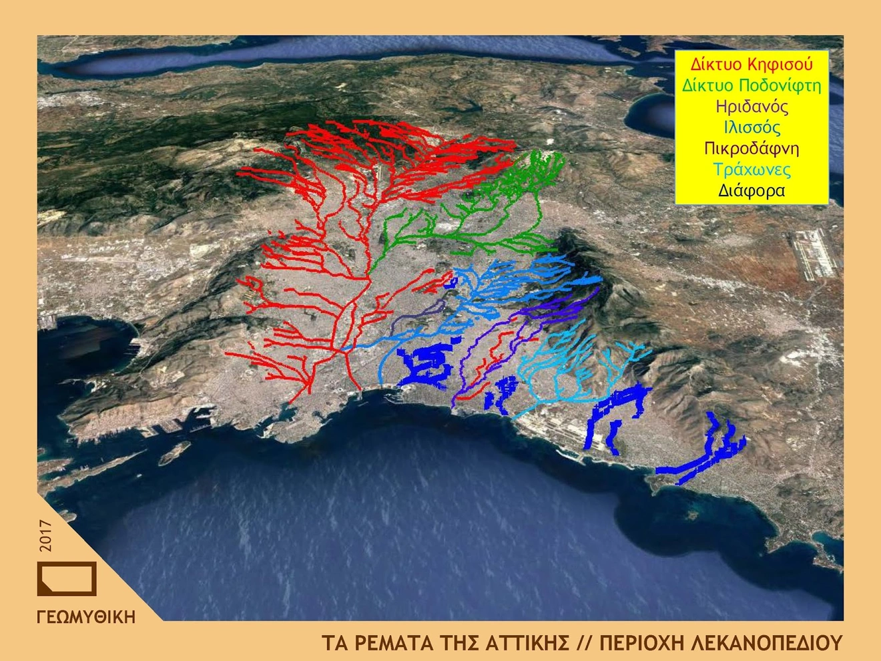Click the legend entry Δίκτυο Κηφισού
tap(752, 65)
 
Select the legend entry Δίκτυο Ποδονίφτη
tap(752, 85)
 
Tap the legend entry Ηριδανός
tap(752, 107)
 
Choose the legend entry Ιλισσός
tap(752, 128)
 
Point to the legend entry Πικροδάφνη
tap(752, 148)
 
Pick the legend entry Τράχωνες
tap(752, 170)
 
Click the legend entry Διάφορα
tap(752, 190)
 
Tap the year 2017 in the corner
tap(45, 535)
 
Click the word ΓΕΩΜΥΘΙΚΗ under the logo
tap(86, 617)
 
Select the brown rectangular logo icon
tap(67, 578)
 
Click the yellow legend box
tap(752, 127)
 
